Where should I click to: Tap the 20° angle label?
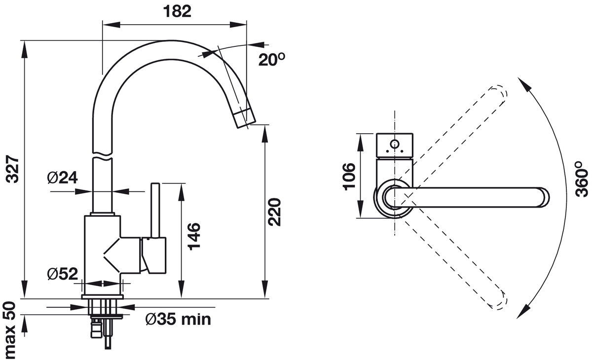click(272, 60)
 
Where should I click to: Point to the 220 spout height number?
click(275, 212)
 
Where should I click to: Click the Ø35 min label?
click(178, 320)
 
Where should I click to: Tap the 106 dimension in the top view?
click(348, 176)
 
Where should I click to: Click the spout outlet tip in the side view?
click(245, 119)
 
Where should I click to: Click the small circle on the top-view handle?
click(394, 144)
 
